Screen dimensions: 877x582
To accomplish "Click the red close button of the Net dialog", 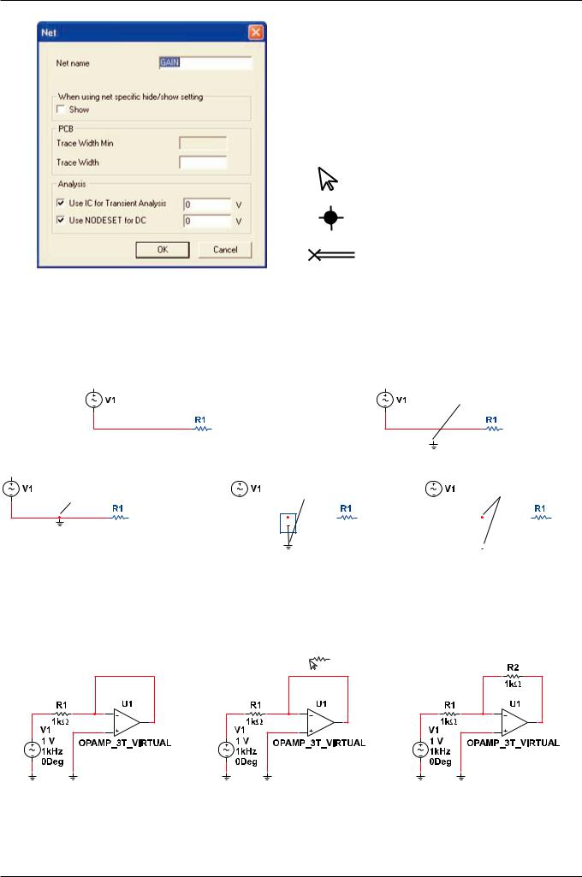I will (x=254, y=33).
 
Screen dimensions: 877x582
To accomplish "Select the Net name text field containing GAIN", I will (x=205, y=62).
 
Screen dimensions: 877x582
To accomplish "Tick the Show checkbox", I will (x=60, y=110).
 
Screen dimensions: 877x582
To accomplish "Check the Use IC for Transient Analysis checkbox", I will (x=60, y=204).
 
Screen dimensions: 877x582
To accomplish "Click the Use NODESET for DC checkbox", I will (x=60, y=220).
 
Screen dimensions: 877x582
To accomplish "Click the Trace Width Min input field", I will (x=203, y=143).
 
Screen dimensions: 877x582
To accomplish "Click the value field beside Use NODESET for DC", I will (x=207, y=220).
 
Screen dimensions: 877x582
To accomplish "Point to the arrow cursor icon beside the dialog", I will (x=327, y=178).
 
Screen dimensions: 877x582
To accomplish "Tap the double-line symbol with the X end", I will (x=331, y=255).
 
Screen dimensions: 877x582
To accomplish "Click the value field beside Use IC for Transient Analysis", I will (x=207, y=204).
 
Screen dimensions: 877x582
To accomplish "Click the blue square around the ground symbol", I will (x=288, y=524).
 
